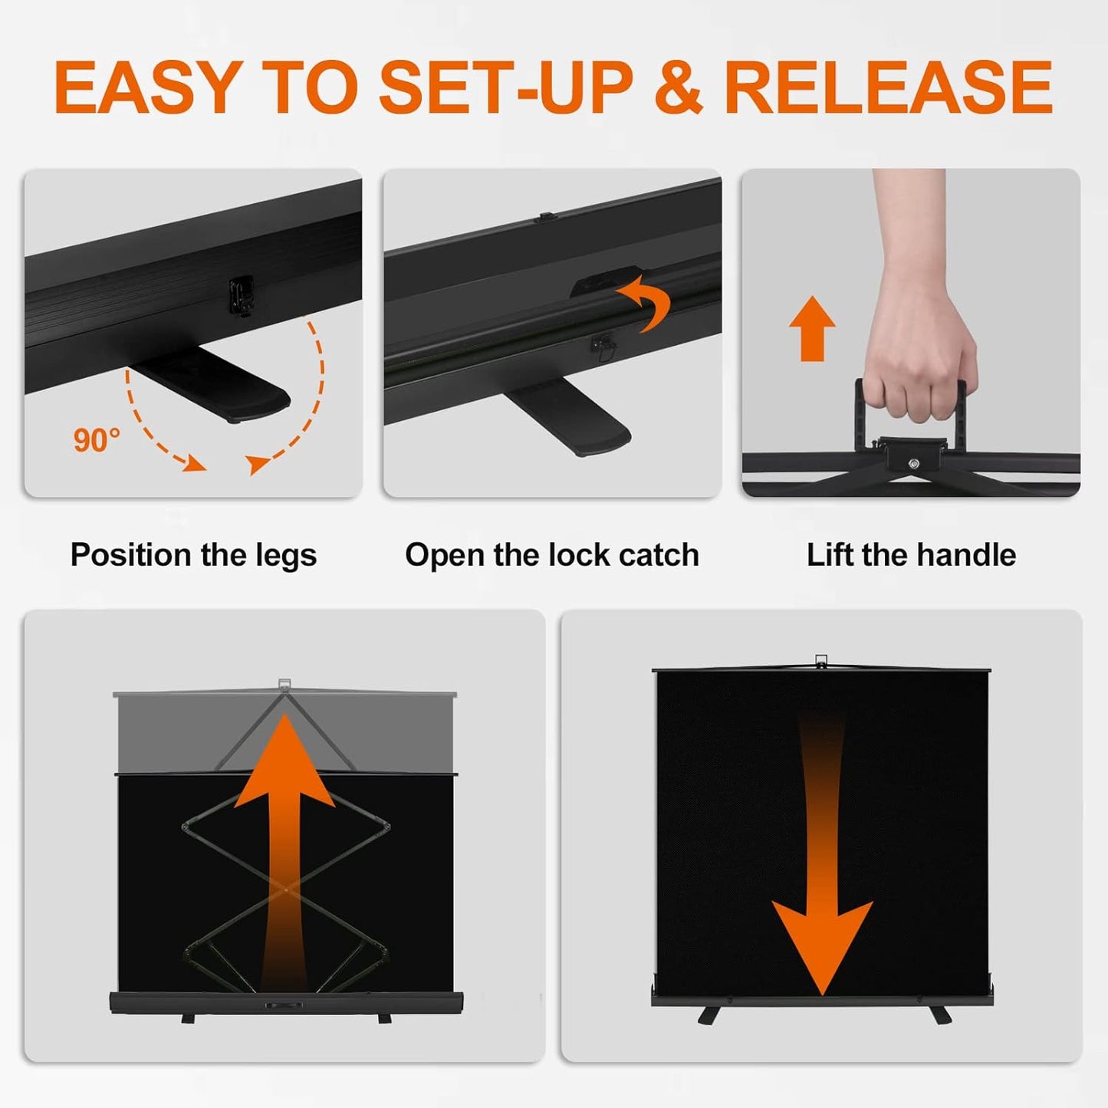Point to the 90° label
(x=97, y=440)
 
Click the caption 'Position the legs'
(x=193, y=554)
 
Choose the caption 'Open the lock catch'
(x=551, y=554)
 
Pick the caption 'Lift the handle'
(x=911, y=554)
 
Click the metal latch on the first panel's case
(x=242, y=295)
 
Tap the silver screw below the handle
(x=913, y=463)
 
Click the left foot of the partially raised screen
(x=188, y=1018)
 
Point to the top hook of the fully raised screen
(x=821, y=660)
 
